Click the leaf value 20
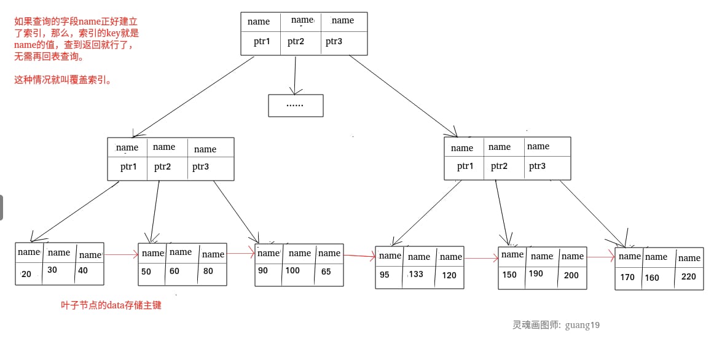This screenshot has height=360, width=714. click(x=26, y=274)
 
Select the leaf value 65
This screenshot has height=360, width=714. click(x=326, y=272)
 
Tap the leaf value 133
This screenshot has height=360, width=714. click(x=416, y=274)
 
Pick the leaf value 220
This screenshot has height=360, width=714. click(x=688, y=276)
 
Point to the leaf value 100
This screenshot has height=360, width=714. click(x=292, y=270)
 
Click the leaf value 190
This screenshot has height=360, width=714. click(x=536, y=273)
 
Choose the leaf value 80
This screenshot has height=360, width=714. click(x=208, y=271)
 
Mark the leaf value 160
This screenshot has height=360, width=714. click(x=651, y=277)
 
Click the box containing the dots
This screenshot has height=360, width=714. click(x=296, y=106)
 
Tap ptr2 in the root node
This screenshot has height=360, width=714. click(x=296, y=41)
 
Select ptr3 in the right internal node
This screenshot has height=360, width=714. click(x=537, y=166)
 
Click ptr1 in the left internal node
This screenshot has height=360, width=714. click(x=128, y=166)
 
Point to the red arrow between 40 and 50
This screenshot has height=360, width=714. click(x=121, y=254)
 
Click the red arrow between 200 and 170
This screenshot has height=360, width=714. click(x=601, y=257)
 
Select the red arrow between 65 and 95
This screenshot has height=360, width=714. click(x=359, y=256)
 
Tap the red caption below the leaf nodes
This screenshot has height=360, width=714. click(x=111, y=305)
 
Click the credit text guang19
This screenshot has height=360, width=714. click(x=583, y=325)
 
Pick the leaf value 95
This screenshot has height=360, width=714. click(x=385, y=275)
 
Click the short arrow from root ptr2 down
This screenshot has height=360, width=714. click(x=295, y=75)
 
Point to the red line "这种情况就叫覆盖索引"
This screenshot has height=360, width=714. click(x=63, y=80)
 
